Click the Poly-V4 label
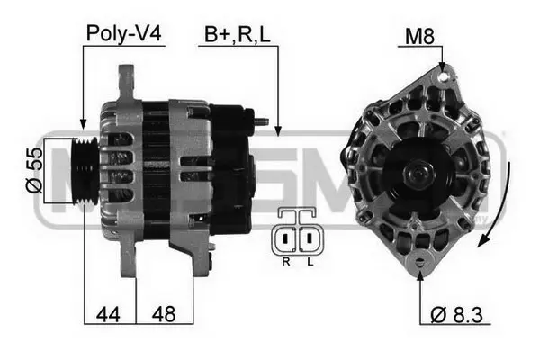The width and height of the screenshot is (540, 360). (x=123, y=34)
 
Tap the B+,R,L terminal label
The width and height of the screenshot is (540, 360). (x=238, y=35)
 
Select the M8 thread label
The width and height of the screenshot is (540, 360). (x=419, y=36)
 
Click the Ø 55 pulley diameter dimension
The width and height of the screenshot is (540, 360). (x=34, y=170)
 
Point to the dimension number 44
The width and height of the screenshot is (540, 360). (x=108, y=314)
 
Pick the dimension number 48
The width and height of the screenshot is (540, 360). (x=164, y=314)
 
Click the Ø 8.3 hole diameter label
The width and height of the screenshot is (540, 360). (x=456, y=314)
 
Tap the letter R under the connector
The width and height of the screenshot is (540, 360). (x=286, y=262)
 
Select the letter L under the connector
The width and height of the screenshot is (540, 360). (x=310, y=262)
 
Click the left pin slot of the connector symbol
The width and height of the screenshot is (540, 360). (x=285, y=238)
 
